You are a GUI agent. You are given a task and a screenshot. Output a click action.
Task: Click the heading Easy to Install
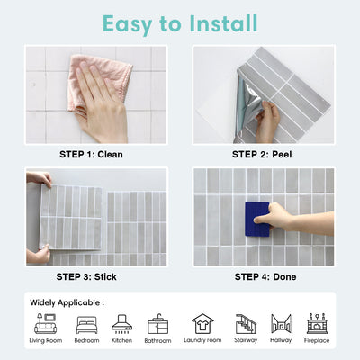[x=180, y=22]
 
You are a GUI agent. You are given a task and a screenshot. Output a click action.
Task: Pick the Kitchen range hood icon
[x=121, y=323]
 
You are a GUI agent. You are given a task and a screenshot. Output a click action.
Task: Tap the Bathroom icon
[x=157, y=323]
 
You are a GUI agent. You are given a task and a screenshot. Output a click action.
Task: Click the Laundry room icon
[x=202, y=323]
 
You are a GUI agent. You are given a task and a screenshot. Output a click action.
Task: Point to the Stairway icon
[x=245, y=323]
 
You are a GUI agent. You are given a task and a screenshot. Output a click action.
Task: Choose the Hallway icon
[x=281, y=323]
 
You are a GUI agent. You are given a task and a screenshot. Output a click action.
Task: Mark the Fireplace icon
[x=316, y=323]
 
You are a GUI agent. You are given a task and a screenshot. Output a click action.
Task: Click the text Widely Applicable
[x=67, y=302]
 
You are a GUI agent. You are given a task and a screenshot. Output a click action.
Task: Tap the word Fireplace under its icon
[x=316, y=341]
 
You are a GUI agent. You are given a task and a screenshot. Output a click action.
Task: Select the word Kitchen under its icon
[x=121, y=341]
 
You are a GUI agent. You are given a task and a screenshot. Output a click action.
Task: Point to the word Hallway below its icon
[x=281, y=341]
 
